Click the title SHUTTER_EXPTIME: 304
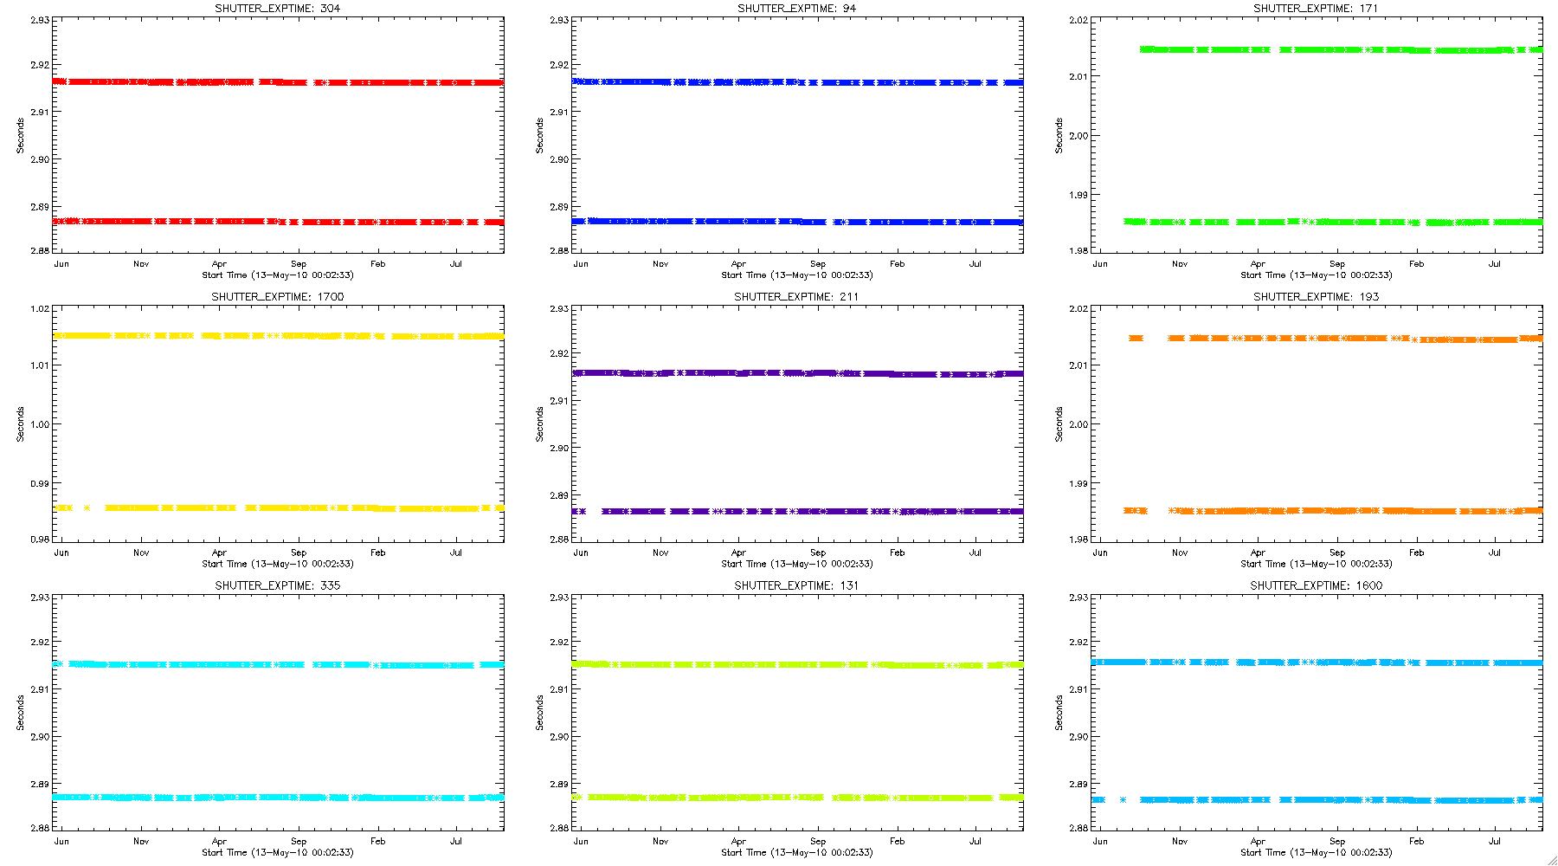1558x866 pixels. [x=277, y=9]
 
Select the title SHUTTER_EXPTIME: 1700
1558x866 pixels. [x=277, y=297]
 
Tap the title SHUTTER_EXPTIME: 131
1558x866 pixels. [x=796, y=585]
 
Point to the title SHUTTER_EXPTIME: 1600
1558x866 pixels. [x=1316, y=585]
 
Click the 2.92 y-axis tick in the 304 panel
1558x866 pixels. [x=40, y=65]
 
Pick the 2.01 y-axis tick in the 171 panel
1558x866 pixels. [x=1078, y=76]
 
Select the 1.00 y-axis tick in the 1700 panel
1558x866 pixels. [x=40, y=424]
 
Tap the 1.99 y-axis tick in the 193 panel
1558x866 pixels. [x=1078, y=483]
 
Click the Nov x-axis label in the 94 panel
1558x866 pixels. [x=660, y=264]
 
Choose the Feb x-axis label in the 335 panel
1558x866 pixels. [x=377, y=841]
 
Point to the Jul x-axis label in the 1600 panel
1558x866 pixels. [x=1495, y=841]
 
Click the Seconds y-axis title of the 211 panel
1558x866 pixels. [x=539, y=424]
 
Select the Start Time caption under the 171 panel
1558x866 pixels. [x=1316, y=275]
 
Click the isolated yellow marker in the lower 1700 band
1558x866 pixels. [x=87, y=508]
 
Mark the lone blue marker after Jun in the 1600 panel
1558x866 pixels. [x=1123, y=800]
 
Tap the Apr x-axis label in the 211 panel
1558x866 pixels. [x=738, y=553]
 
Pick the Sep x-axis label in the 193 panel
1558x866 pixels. [x=1337, y=553]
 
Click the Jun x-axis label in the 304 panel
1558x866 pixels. [x=61, y=264]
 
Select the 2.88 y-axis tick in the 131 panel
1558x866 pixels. [x=559, y=829]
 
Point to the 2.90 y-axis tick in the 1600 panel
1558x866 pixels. [x=1078, y=737]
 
